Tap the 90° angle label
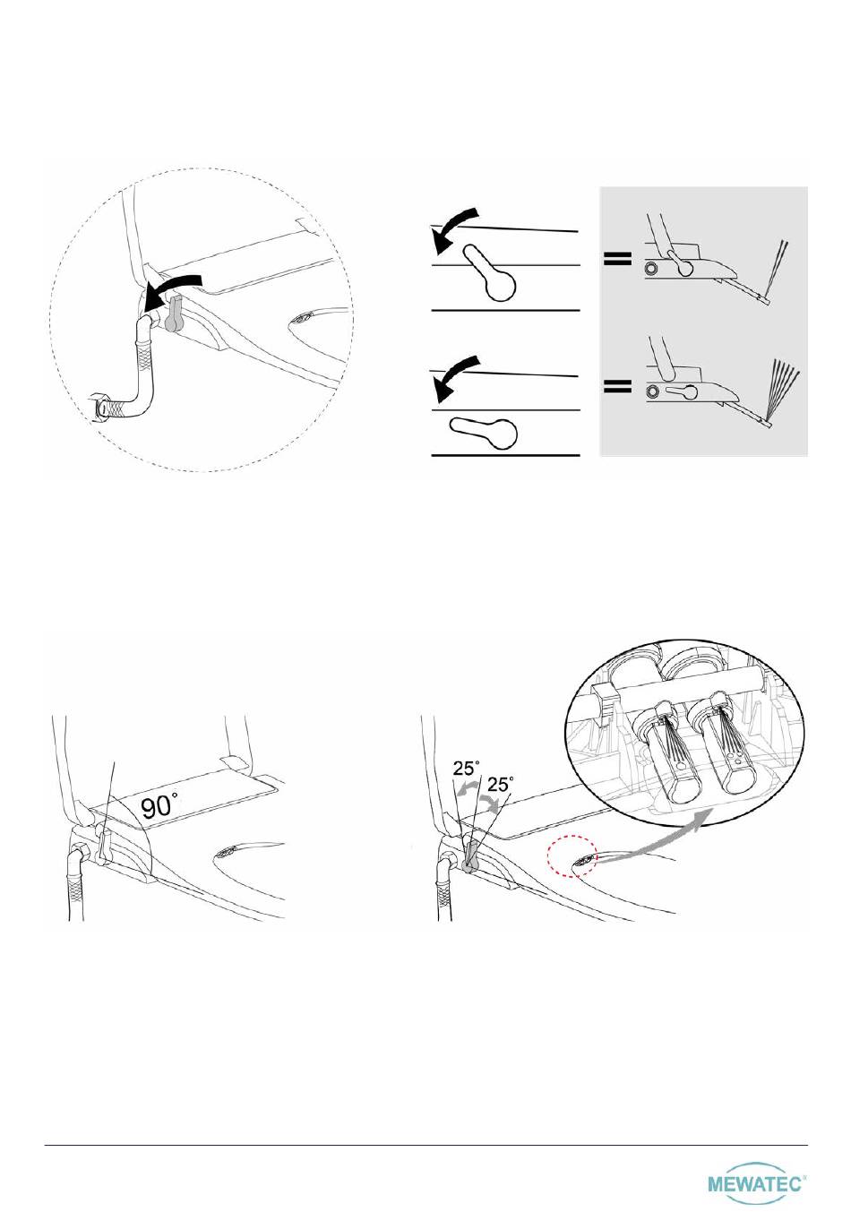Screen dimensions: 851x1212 click(x=159, y=808)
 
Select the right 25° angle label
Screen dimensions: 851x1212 click(x=501, y=784)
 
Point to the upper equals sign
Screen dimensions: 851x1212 click(x=618, y=258)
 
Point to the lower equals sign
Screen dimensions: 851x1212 click(x=618, y=386)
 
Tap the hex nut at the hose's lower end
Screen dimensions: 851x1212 click(x=101, y=406)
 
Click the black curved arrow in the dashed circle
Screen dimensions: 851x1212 click(x=173, y=285)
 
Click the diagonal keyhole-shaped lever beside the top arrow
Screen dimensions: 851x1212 click(x=491, y=274)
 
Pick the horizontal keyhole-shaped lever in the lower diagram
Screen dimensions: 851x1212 click(x=483, y=431)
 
